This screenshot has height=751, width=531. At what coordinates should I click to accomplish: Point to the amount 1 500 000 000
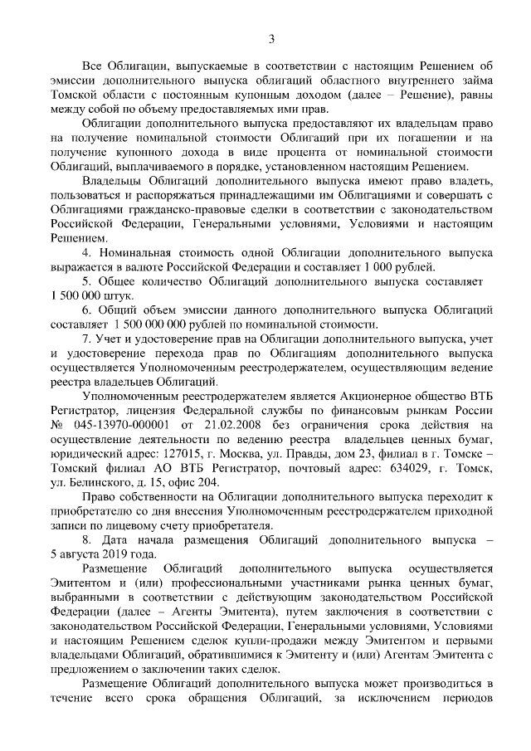click(157, 324)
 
